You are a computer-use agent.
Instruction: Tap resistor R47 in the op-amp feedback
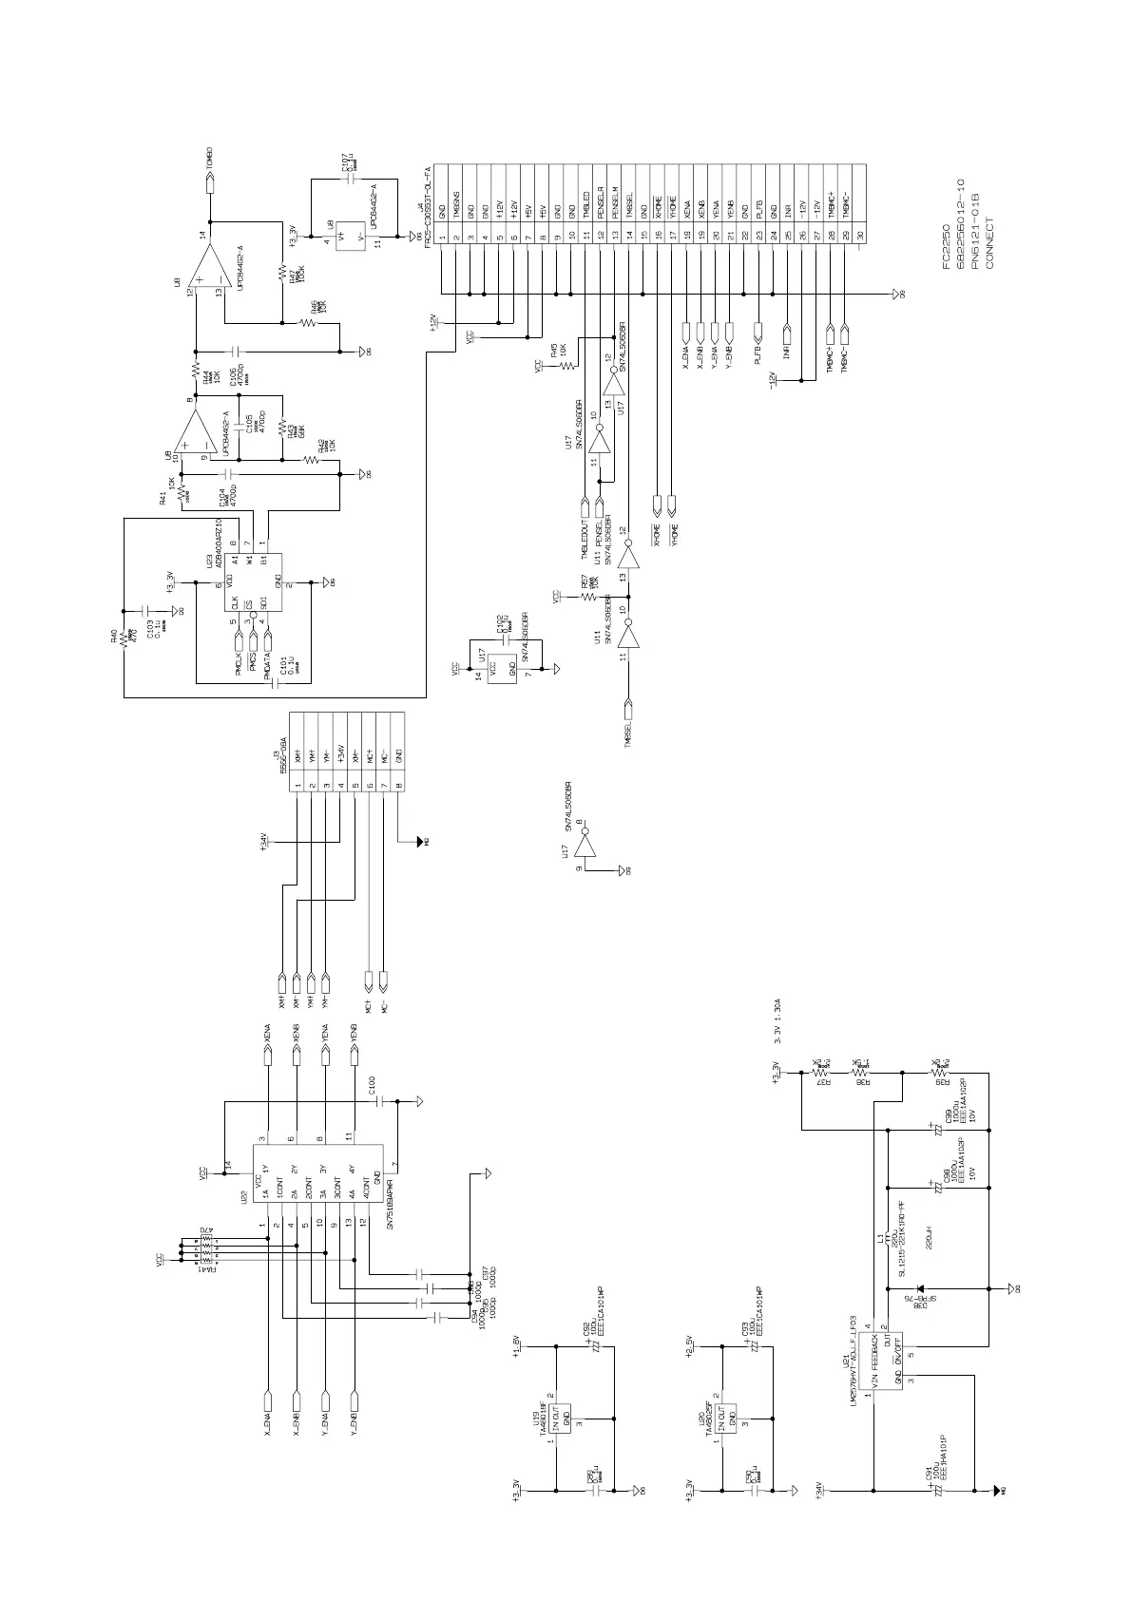[281, 272]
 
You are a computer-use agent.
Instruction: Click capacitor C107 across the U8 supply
[350, 177]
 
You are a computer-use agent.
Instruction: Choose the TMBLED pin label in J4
[586, 202]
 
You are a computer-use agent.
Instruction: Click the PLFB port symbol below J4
[758, 333]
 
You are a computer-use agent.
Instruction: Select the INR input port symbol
[787, 333]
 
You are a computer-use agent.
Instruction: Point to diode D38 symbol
[921, 1288]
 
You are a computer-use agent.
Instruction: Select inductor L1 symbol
[889, 1240]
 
